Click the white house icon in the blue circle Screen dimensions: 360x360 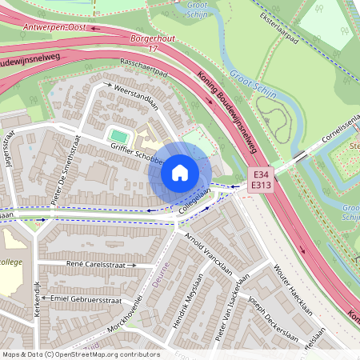point(180,173)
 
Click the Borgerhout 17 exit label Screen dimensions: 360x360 point(145,42)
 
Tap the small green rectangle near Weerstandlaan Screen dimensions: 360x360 point(118,136)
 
